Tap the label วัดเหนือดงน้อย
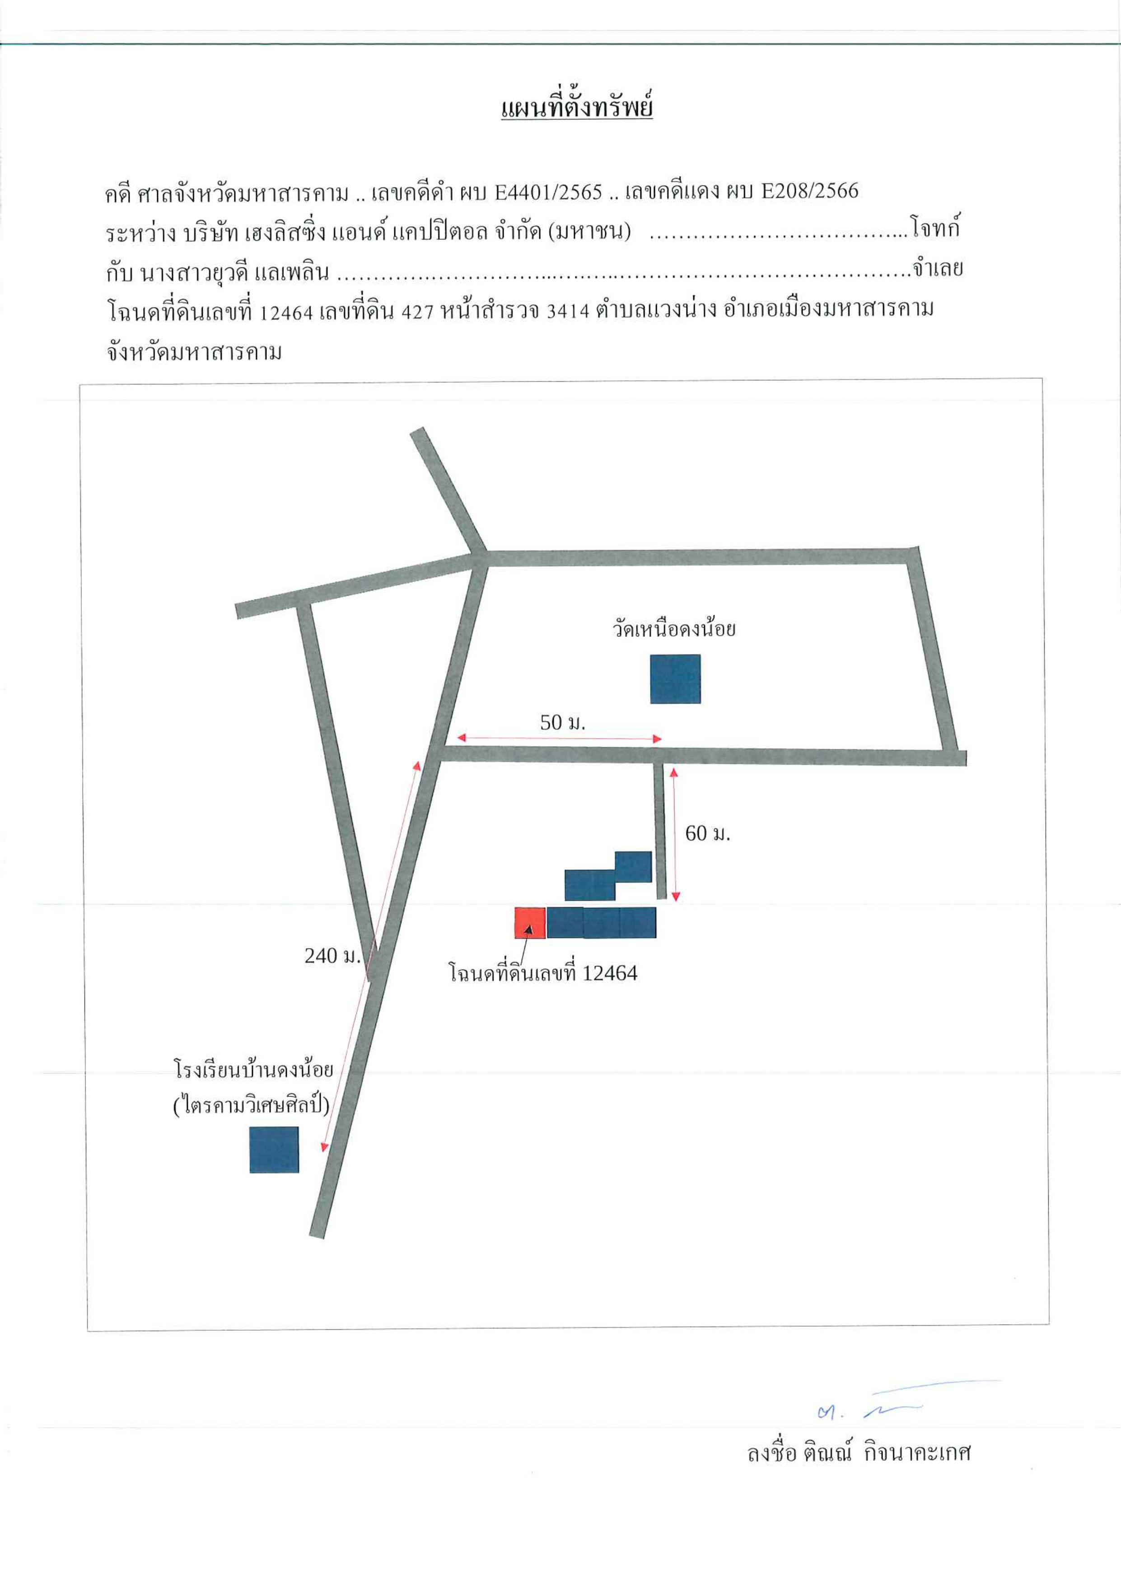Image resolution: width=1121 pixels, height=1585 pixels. (674, 629)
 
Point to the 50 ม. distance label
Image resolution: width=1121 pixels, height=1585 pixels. (563, 723)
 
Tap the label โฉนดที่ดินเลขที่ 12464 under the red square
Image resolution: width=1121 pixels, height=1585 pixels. (543, 973)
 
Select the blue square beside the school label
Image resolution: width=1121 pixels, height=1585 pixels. (274, 1150)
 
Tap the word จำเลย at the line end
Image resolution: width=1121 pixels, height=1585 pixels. (937, 269)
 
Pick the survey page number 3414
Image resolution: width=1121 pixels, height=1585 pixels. (567, 311)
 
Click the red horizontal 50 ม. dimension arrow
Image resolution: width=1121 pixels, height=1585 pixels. (560, 739)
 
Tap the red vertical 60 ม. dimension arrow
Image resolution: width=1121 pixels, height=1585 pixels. (674, 835)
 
